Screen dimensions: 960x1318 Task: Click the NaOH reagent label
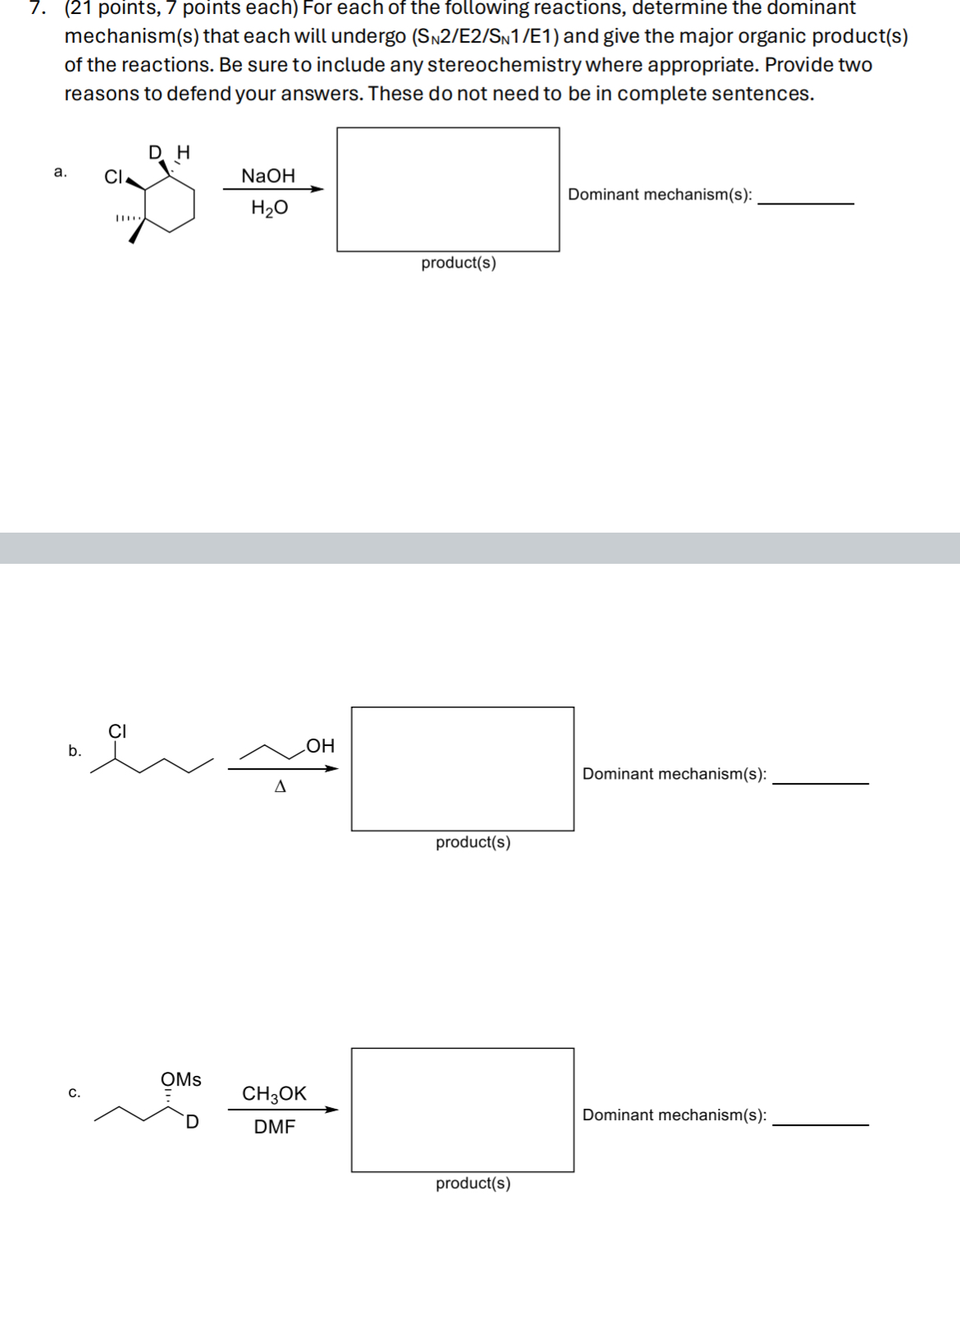point(268,176)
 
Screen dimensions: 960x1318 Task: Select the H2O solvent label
point(269,208)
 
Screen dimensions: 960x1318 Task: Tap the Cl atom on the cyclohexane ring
point(113,176)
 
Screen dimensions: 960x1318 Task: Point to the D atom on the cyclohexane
point(156,152)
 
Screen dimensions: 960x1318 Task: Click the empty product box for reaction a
point(448,190)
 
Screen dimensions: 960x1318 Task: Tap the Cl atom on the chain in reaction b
point(117,730)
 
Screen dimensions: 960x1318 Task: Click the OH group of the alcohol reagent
point(320,746)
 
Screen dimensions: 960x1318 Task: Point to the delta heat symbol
point(281,787)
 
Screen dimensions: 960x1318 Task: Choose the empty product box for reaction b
point(463,769)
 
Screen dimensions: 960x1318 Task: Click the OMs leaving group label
point(181,1079)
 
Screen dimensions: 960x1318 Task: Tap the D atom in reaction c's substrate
point(191,1122)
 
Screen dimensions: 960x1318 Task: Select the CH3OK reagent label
point(274,1094)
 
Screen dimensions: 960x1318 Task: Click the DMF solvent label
point(274,1127)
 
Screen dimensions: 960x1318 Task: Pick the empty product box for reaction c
point(463,1110)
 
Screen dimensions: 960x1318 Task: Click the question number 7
point(34,8)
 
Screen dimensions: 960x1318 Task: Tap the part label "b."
point(75,751)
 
